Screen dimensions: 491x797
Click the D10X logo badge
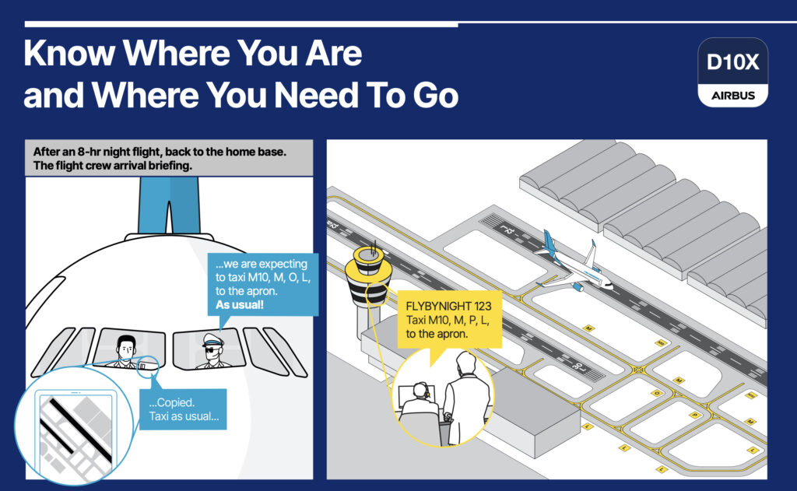click(733, 72)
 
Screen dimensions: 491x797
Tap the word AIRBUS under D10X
click(733, 96)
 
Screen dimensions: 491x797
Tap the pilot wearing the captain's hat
click(212, 349)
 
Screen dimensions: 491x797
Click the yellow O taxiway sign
click(656, 393)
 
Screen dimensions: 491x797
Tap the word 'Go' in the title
click(429, 96)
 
